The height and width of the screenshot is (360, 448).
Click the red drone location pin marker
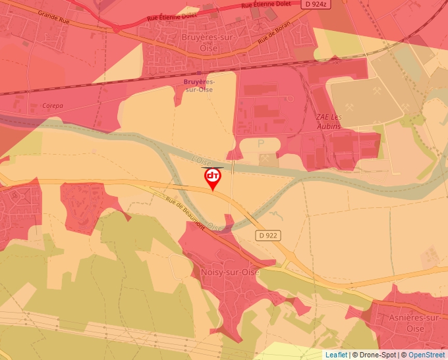(x=213, y=178)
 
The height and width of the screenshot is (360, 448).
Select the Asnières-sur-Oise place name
(x=415, y=322)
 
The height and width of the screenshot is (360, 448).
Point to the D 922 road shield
(x=267, y=234)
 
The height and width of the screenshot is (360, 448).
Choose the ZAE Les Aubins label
(x=328, y=121)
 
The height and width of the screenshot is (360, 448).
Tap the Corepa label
(x=52, y=105)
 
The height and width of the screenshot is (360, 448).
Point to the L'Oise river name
(x=200, y=160)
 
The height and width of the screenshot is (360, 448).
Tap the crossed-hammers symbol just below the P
(x=266, y=159)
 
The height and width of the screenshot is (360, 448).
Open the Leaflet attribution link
(x=335, y=355)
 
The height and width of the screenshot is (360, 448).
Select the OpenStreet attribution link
(x=426, y=355)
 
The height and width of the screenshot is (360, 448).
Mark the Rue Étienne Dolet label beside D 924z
(x=266, y=5)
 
